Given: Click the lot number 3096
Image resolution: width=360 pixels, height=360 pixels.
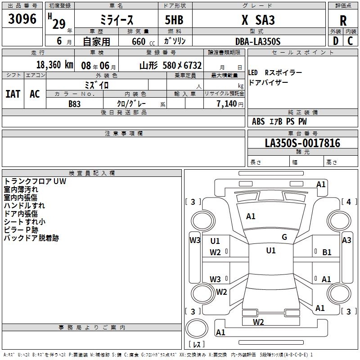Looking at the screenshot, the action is click(x=22, y=19).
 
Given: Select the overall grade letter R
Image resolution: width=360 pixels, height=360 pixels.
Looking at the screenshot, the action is click(x=343, y=21).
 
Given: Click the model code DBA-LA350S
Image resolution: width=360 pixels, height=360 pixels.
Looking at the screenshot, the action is click(x=257, y=41).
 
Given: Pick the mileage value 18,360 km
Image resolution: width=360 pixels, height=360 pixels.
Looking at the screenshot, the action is click(x=54, y=64).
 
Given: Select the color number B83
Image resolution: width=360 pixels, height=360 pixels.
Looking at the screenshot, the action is click(x=75, y=103).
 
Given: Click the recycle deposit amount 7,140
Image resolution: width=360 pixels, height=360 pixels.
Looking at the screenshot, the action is click(x=229, y=103).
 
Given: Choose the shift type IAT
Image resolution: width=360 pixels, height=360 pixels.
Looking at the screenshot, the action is click(x=13, y=94).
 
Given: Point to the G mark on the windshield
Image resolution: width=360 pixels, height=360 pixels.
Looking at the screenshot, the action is click(x=284, y=237).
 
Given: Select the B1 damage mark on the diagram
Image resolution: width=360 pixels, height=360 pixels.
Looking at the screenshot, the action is click(x=327, y=253).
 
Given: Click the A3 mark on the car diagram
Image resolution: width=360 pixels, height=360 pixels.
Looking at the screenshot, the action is click(x=346, y=240).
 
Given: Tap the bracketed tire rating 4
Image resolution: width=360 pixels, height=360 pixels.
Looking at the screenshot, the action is click(x=348, y=202).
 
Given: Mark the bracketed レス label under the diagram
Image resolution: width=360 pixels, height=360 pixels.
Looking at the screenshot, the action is click(x=196, y=345).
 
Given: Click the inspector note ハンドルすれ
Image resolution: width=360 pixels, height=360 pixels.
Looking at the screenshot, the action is click(x=25, y=206).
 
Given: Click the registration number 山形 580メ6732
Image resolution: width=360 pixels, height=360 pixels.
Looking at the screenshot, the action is click(x=170, y=65).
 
